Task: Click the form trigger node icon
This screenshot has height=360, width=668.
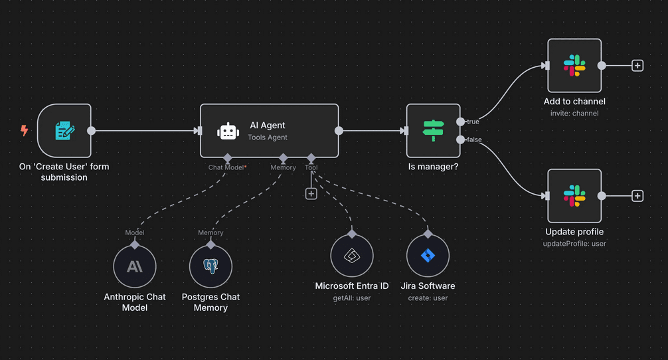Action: click(64, 131)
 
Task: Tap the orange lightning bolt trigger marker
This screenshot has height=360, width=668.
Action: click(25, 131)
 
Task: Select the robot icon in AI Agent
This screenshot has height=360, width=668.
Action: click(228, 131)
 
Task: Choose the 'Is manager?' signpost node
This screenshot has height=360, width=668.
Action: click(433, 131)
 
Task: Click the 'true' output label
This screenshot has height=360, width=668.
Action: click(472, 122)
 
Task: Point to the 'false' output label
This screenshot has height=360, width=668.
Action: click(473, 140)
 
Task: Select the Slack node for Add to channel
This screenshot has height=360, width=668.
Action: click(574, 66)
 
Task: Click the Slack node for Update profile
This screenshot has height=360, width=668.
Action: click(574, 196)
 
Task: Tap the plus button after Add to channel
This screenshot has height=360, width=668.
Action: click(637, 66)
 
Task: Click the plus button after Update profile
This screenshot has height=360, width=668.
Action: click(637, 196)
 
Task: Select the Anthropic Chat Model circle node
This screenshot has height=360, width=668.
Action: click(135, 266)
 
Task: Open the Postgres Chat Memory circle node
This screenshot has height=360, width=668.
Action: click(210, 266)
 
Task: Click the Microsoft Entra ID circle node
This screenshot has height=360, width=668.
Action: click(352, 256)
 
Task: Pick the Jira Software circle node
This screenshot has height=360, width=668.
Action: click(428, 256)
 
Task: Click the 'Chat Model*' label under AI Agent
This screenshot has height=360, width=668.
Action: click(227, 168)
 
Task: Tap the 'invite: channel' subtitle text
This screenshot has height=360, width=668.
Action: click(574, 114)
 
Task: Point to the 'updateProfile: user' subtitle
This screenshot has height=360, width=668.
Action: click(574, 244)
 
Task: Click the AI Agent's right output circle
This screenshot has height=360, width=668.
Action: click(339, 131)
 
